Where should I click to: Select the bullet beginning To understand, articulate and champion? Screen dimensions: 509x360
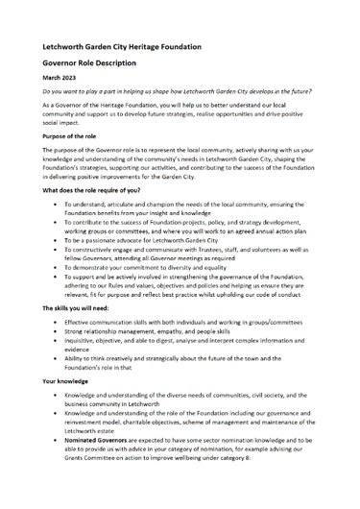[192, 212]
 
